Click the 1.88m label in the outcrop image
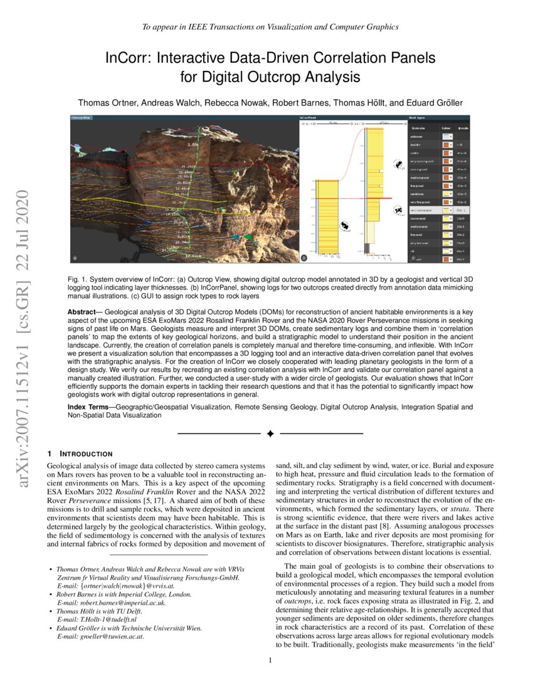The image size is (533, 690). (194, 145)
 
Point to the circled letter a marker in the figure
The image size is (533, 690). (75, 257)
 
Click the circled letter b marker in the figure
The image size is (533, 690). (304, 257)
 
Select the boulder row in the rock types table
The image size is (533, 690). (417, 143)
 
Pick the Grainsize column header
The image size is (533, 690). (419, 127)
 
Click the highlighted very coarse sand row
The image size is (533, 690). (421, 210)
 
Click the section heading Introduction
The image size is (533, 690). (85, 454)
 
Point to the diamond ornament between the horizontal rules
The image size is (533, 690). (270, 434)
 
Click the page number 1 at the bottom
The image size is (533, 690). (270, 660)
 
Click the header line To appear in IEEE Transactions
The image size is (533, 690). (270, 26)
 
